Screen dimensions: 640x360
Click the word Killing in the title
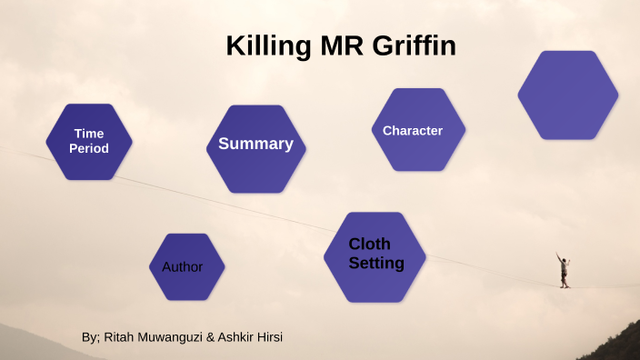(265, 46)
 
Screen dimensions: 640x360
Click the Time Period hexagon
(89, 141)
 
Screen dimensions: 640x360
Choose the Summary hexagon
(255, 148)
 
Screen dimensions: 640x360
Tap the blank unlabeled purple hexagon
(567, 95)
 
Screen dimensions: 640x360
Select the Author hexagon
(186, 266)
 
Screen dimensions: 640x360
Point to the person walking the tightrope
(565, 270)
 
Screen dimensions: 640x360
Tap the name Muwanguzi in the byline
(171, 337)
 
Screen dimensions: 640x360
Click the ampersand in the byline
(211, 337)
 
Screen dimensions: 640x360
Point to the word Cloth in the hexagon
(369, 244)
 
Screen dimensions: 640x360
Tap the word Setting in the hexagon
(376, 264)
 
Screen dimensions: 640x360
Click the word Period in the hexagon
(89, 148)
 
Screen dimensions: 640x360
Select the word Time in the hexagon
(89, 134)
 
